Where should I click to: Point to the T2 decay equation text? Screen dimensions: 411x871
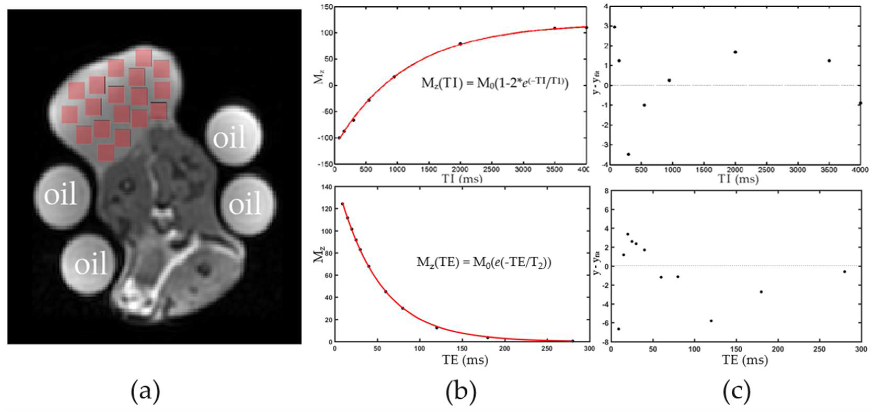pos(484,262)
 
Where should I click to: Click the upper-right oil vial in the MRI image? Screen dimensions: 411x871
pos(234,136)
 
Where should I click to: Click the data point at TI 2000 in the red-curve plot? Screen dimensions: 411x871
pos(460,44)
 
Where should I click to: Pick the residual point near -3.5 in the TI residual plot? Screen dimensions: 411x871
pos(628,154)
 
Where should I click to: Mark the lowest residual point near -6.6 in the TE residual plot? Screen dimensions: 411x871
pos(618,329)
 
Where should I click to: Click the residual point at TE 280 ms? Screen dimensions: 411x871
pos(844,272)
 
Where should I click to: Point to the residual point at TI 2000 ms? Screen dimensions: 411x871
pos(735,52)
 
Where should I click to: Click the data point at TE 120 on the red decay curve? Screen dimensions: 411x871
pos(437,328)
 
